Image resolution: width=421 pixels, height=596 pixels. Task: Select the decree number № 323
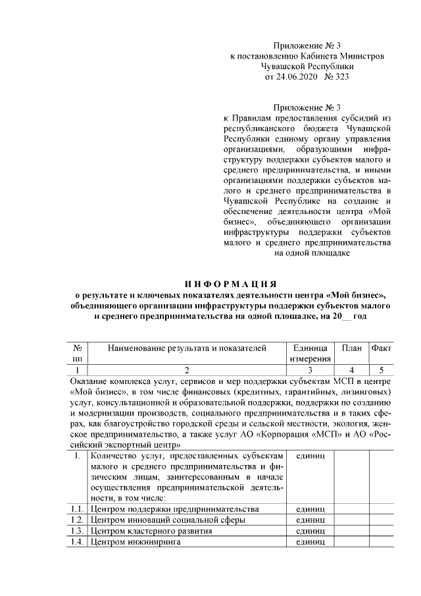pyautogui.click(x=334, y=77)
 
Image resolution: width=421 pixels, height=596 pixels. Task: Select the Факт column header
pyautogui.click(x=382, y=348)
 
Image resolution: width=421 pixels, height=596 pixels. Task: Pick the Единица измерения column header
pyautogui.click(x=309, y=353)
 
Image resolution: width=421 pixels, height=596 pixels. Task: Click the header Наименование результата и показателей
pyautogui.click(x=187, y=348)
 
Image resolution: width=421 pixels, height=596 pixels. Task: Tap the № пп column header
pyautogui.click(x=77, y=353)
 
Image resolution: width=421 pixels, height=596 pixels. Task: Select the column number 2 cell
pyautogui.click(x=187, y=370)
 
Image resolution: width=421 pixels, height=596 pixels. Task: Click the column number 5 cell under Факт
pyautogui.click(x=382, y=370)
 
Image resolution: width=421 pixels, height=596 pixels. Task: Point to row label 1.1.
pyautogui.click(x=77, y=509)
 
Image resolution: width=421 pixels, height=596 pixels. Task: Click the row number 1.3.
pyautogui.click(x=77, y=531)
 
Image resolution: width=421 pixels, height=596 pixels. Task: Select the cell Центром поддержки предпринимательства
pyautogui.click(x=175, y=509)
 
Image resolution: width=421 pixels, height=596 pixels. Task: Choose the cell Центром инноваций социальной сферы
pyautogui.click(x=168, y=520)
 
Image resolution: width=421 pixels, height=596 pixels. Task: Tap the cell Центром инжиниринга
pyautogui.click(x=136, y=542)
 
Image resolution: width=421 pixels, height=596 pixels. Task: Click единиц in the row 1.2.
pyautogui.click(x=309, y=520)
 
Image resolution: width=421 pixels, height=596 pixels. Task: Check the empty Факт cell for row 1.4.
pyautogui.click(x=382, y=542)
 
